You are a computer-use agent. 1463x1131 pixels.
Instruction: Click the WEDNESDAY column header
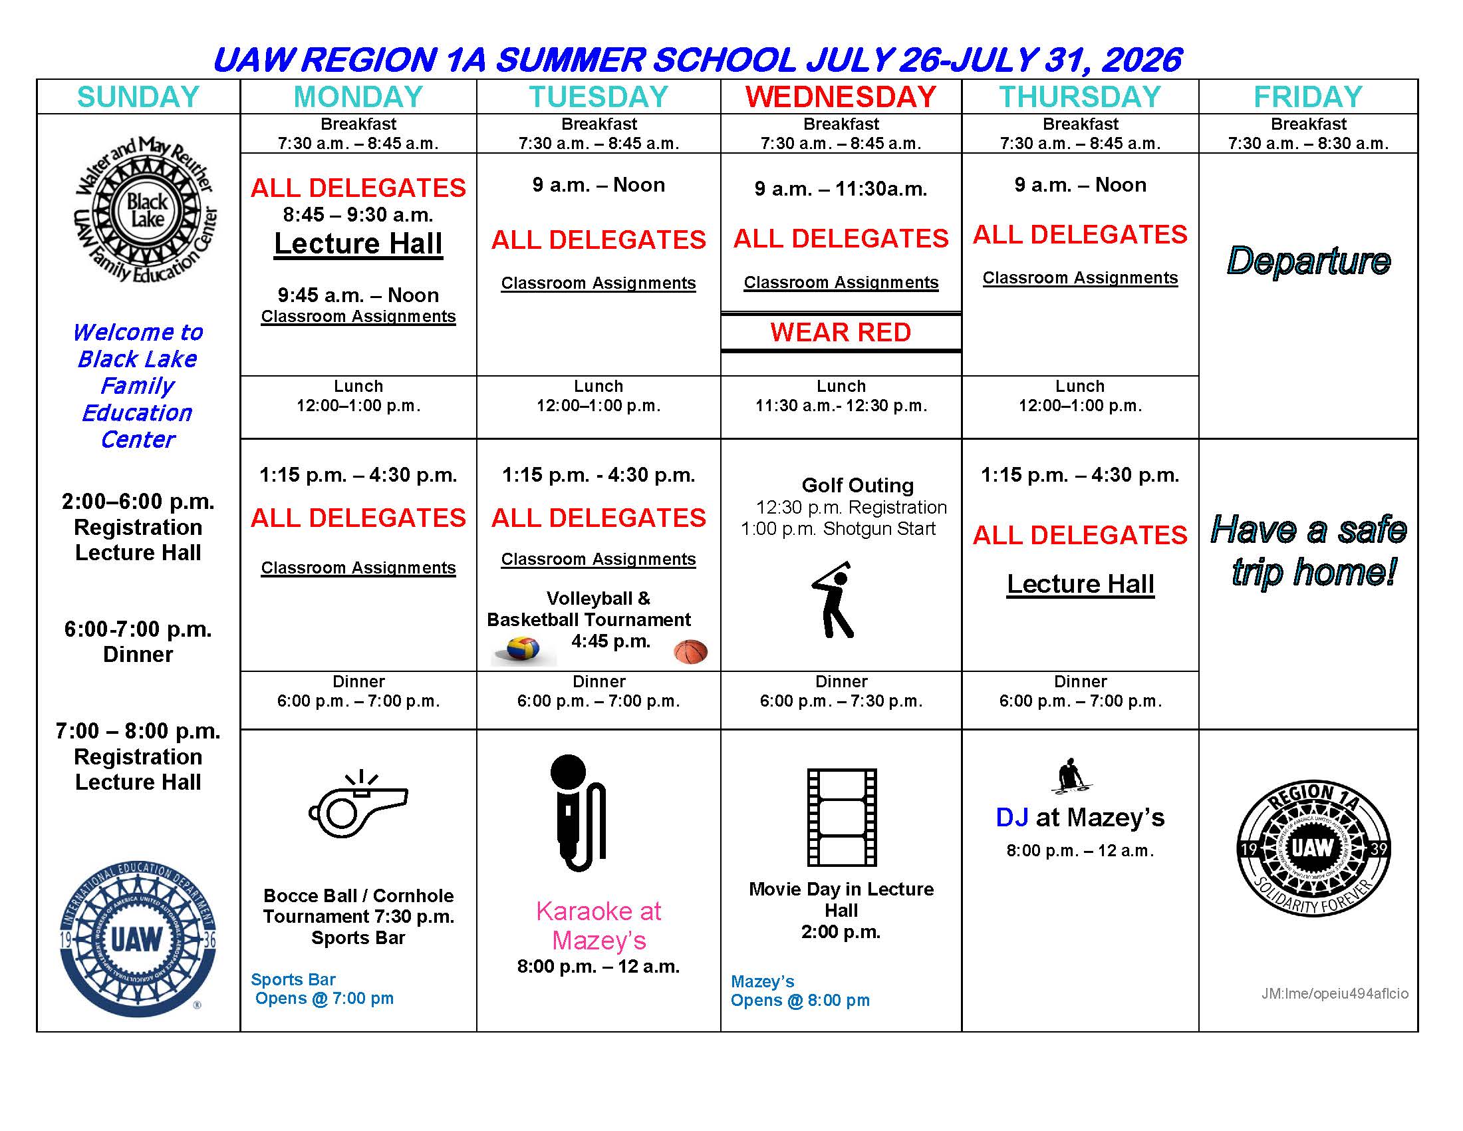coord(841,97)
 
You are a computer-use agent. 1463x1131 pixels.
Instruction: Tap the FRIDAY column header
coord(1307,97)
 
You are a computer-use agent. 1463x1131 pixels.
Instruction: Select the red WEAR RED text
coord(841,333)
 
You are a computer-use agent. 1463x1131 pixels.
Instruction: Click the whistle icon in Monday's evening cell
coord(358,807)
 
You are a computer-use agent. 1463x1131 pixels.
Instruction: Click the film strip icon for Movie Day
coord(842,818)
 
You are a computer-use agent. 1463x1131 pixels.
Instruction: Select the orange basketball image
coord(691,651)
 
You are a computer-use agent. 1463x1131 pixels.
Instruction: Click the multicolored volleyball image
coord(523,649)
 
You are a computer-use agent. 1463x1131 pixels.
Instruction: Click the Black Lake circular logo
coord(146,210)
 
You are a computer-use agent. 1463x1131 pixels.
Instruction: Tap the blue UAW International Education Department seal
coord(138,939)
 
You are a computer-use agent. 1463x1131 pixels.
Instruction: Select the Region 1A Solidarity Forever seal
coord(1313,848)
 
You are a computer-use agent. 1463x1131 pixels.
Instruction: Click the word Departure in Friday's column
coord(1308,261)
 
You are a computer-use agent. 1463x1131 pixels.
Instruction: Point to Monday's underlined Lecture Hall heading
coord(358,244)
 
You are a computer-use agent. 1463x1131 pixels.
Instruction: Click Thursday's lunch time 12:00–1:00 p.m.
coord(1080,405)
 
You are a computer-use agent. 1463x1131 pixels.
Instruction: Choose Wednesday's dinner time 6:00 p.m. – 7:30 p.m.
coord(841,701)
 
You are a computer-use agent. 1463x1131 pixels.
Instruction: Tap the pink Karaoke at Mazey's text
coord(599,925)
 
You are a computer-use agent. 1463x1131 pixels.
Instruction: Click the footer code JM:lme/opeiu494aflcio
coord(1335,993)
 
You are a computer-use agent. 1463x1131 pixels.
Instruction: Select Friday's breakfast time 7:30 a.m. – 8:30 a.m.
coord(1307,144)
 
